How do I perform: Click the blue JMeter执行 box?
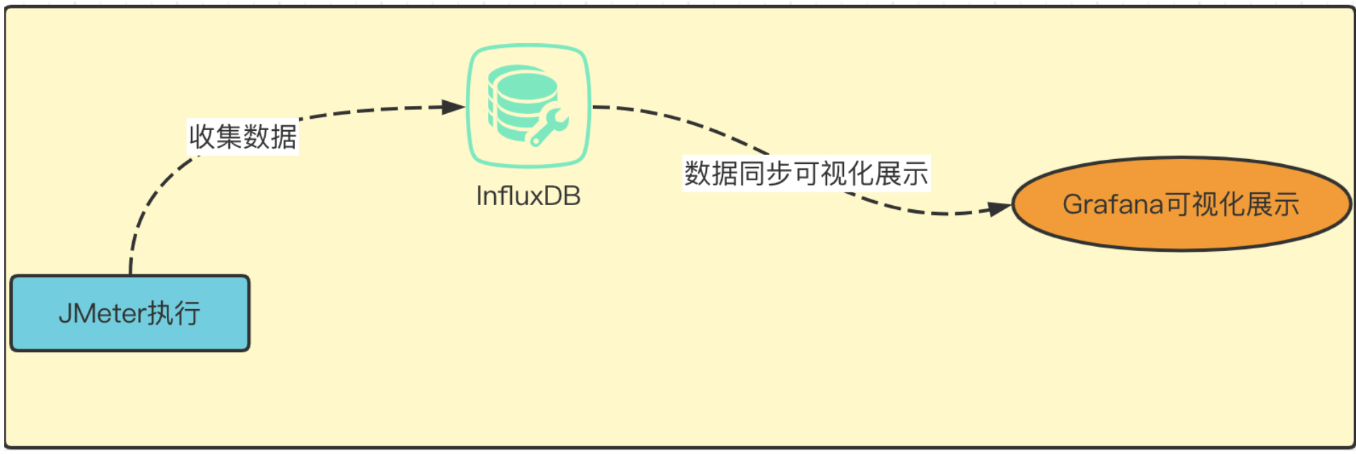[x=130, y=313]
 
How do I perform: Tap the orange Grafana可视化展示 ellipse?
[x=1181, y=204]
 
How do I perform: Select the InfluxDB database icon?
[x=528, y=105]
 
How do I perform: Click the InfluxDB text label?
[x=528, y=196]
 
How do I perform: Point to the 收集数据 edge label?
[x=242, y=136]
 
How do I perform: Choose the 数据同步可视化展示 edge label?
[x=806, y=173]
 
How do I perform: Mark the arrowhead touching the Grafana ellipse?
[x=999, y=209]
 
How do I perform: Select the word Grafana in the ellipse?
[x=1113, y=204]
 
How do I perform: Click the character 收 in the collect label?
[x=201, y=136]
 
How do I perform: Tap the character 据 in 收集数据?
[x=284, y=136]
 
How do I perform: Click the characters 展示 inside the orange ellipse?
[x=1273, y=204]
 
